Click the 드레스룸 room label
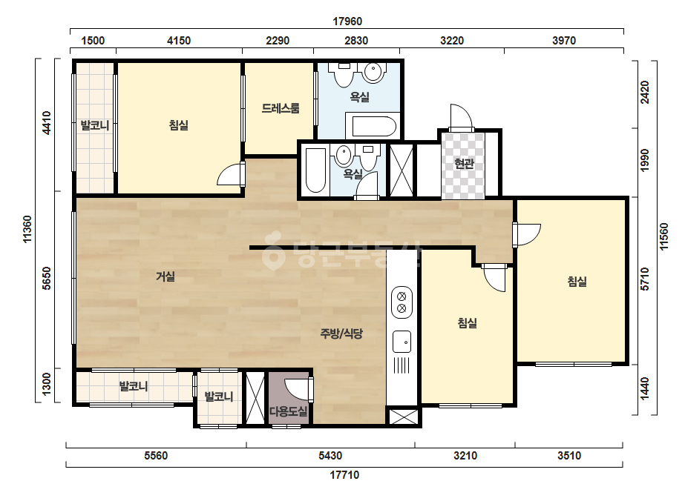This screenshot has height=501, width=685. click(281, 107)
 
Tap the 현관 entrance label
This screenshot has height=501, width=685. click(464, 164)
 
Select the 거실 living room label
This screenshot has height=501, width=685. click(165, 276)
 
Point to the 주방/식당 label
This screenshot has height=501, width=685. click(341, 334)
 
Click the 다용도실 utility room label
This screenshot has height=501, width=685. click(289, 411)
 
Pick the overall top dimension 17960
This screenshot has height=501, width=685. click(347, 21)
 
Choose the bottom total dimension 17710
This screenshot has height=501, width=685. click(344, 475)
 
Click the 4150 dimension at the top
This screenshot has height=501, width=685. click(179, 41)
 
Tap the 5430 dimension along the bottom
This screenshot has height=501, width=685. click(330, 456)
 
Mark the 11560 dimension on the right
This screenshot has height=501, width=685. click(664, 236)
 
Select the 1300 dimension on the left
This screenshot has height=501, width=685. click(46, 384)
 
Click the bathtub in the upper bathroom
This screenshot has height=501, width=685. click(374, 126)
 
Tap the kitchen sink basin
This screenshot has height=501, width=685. click(402, 342)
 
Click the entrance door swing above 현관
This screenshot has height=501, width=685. click(462, 117)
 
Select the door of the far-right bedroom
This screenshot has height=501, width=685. click(528, 235)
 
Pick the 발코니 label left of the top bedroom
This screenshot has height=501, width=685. click(95, 126)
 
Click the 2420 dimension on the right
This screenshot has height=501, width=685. click(645, 93)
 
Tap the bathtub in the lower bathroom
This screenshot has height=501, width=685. click(315, 170)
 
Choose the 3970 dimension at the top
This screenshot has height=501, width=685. click(564, 41)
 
